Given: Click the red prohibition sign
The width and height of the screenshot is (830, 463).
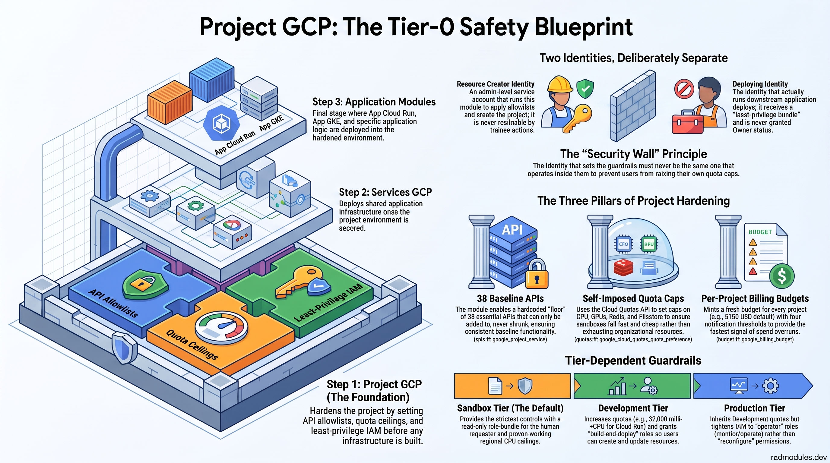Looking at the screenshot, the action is coord(684,89).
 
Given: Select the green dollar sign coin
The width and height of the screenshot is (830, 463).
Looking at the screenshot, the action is coord(782,276).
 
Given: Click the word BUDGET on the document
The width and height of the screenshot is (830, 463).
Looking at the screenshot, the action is coord(760,232).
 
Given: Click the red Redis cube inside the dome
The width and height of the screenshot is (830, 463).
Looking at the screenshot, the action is coord(623,268).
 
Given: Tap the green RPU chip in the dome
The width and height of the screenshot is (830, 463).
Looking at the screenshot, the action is coord(649,244).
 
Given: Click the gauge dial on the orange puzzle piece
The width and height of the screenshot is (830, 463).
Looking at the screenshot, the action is coord(221,328).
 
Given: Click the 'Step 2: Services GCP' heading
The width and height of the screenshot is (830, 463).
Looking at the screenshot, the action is coord(385,192).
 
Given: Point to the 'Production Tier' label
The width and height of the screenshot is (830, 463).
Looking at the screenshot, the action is coord(755,408).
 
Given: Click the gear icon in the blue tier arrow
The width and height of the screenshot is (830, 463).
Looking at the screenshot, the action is coord(771,386).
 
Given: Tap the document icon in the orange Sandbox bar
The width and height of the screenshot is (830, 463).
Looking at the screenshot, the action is coord(495,386).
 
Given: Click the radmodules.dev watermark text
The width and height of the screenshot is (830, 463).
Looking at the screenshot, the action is coord(799,457).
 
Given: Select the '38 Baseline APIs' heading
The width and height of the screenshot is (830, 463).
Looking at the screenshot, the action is coord(510,298).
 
